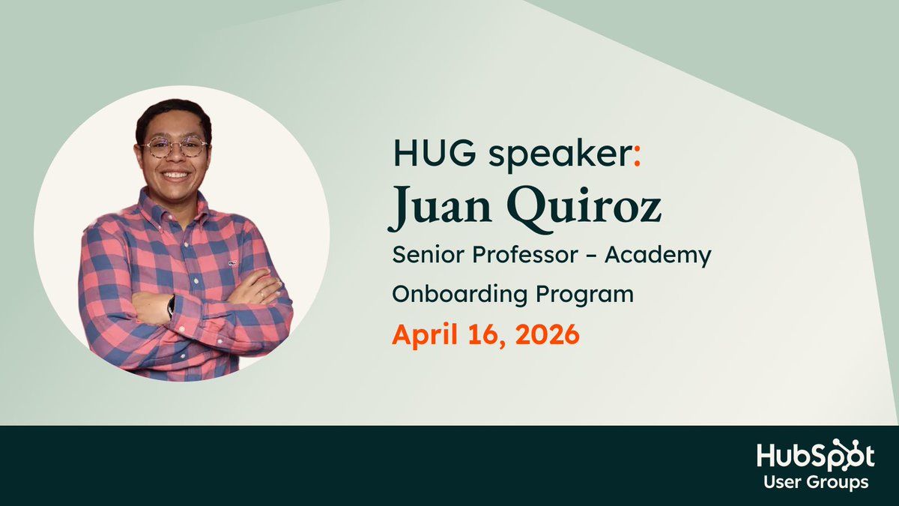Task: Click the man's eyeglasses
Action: click(175, 147)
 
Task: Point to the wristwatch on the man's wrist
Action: click(171, 305)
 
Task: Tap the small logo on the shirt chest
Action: click(232, 263)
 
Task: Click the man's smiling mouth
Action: click(175, 175)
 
